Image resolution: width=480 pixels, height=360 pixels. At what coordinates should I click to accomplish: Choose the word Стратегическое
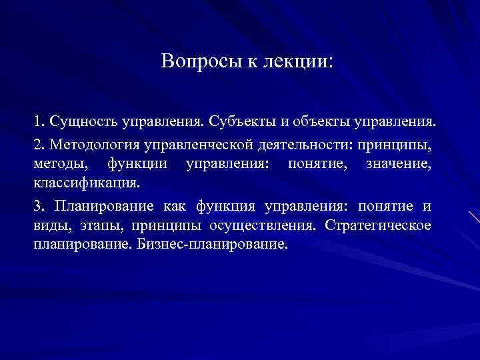(379, 225)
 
